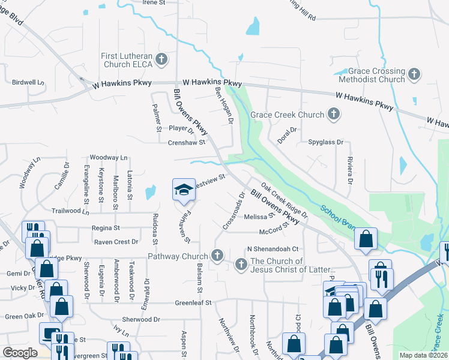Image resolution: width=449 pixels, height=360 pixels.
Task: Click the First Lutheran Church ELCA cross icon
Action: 160,59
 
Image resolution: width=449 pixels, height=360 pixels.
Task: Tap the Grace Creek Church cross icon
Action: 334,114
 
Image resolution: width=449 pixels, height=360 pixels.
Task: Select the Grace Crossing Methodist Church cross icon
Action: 414,75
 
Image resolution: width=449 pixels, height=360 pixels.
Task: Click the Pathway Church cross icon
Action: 217,256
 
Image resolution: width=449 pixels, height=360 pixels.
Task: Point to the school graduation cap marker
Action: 184,190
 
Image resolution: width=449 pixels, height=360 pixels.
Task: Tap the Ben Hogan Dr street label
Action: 224,104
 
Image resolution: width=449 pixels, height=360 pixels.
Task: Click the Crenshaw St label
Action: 187,143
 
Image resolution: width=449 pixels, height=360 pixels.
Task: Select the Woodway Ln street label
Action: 109,158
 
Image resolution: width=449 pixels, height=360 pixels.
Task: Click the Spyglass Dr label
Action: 325,143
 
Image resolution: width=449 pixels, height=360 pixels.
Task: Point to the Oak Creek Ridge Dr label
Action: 284,201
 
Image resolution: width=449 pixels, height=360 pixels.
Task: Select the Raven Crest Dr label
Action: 116,242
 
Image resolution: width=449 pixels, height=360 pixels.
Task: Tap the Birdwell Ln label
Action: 28,82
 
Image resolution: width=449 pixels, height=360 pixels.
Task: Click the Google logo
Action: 20,353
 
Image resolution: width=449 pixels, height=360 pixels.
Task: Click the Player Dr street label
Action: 182,128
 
